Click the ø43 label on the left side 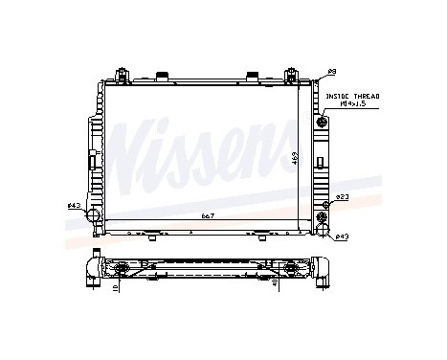point(73,203)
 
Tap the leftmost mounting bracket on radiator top point(123,75)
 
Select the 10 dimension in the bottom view point(115,285)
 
